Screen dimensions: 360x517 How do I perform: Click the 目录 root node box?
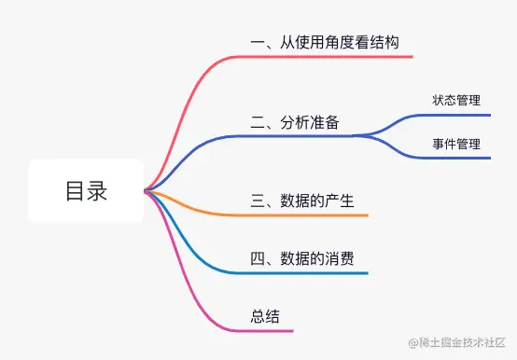pos(86,191)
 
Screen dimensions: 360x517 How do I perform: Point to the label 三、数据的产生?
pos(302,201)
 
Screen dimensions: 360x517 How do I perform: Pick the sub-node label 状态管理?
pos(456,101)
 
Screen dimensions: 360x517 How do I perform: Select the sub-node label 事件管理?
pos(456,144)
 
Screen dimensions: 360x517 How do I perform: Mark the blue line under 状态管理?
pos(457,115)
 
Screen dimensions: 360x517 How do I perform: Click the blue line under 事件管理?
pos(457,158)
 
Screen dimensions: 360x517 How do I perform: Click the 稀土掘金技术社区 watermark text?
pos(455,344)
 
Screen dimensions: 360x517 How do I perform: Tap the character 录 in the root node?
pos(97,191)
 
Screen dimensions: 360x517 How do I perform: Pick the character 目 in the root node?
pos(75,191)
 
